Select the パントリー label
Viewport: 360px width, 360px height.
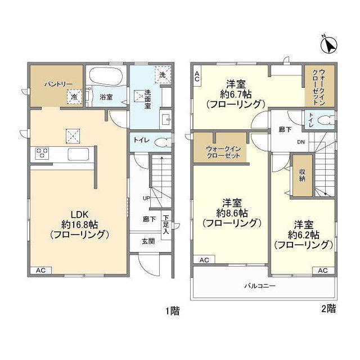click(x=58, y=84)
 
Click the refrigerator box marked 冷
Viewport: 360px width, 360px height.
click(x=74, y=97)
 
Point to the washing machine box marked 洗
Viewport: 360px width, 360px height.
click(x=163, y=75)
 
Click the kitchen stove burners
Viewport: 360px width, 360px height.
click(x=42, y=153)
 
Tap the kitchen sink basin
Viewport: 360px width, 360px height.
click(x=78, y=154)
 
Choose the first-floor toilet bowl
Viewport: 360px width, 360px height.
click(x=164, y=142)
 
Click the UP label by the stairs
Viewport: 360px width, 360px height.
click(x=146, y=198)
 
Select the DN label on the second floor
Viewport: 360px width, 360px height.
click(x=301, y=142)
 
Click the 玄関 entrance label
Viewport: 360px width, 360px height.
click(x=148, y=241)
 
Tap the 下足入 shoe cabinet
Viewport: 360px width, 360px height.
click(x=166, y=225)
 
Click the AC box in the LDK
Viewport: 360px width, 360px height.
click(x=41, y=270)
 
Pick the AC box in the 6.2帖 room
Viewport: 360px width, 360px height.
click(x=323, y=271)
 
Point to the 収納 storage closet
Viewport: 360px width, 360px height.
click(x=303, y=175)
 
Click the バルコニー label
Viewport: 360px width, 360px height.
click(x=260, y=286)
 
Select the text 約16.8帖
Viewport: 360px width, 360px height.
click(x=80, y=224)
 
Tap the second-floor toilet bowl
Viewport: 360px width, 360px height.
click(x=326, y=120)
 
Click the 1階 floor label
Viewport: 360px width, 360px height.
click(x=173, y=311)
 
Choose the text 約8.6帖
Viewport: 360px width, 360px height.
click(x=232, y=213)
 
